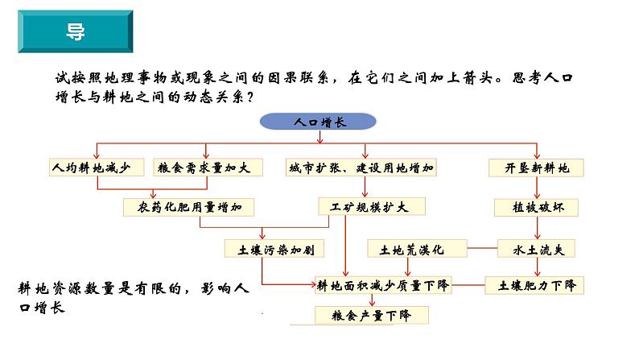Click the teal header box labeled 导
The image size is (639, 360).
point(71,33)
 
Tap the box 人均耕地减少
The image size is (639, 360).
point(97,168)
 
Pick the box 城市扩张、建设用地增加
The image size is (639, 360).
point(364,168)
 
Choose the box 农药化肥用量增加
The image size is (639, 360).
point(189,207)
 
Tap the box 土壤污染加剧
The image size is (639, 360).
point(262,247)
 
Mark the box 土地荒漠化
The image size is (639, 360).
point(417,248)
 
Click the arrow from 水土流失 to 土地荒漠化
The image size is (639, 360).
point(481,248)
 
